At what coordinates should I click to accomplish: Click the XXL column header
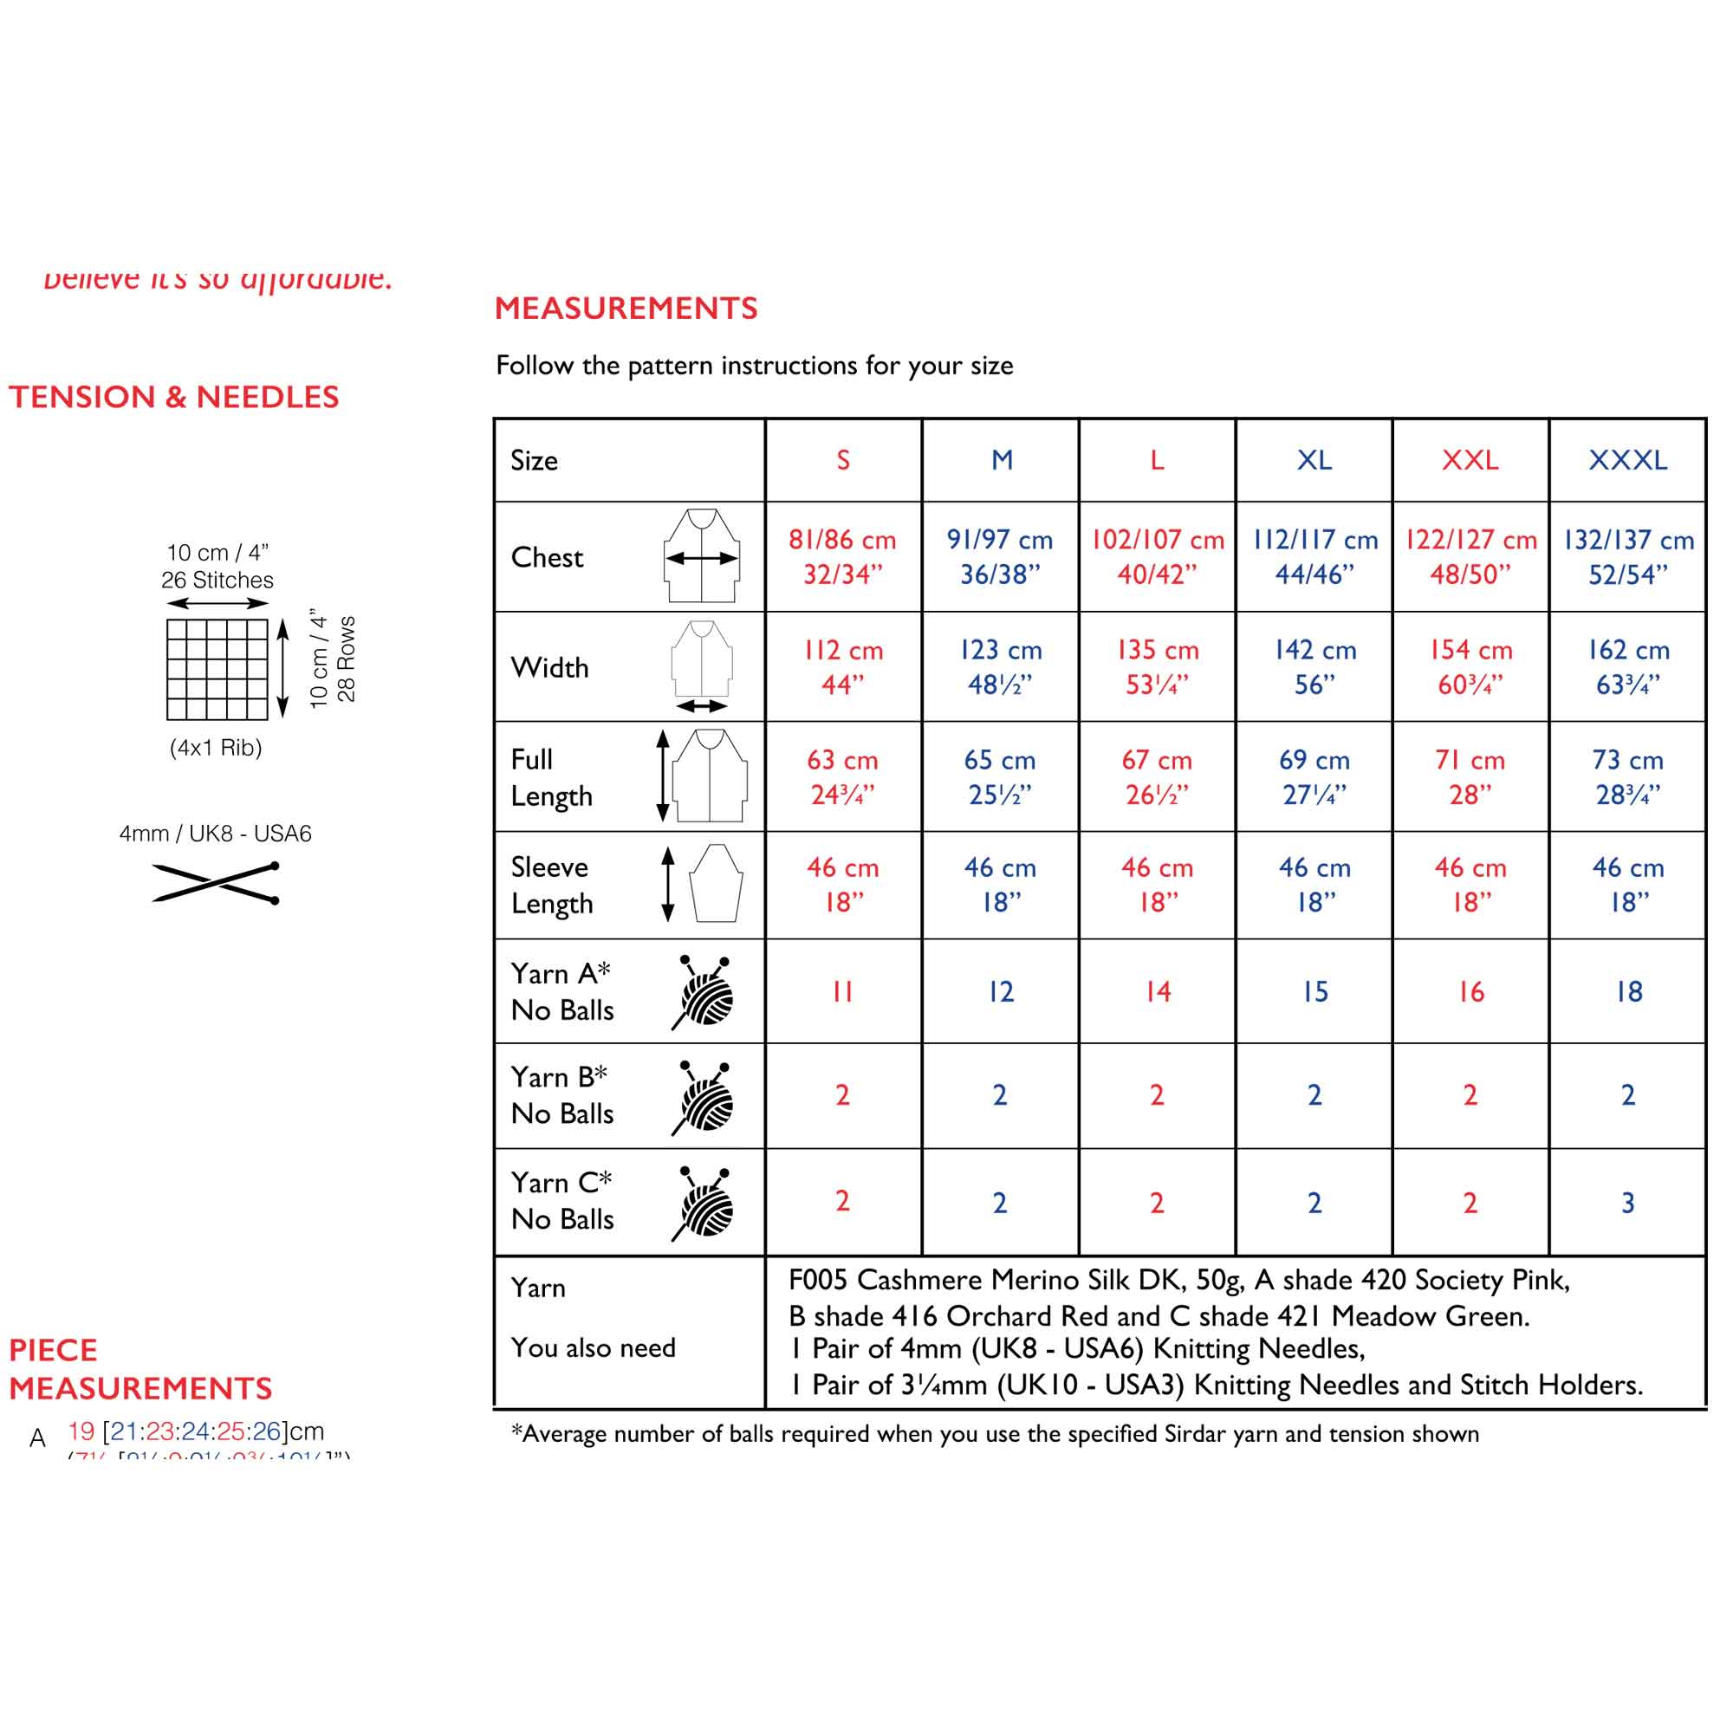(x=1470, y=460)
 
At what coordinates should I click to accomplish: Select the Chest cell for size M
(x=1000, y=556)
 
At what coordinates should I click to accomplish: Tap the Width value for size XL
(x=1315, y=666)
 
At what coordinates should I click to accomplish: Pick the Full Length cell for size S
(x=842, y=776)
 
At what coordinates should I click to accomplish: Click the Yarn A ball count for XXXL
(x=1629, y=991)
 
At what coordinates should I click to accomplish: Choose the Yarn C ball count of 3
(x=1628, y=1202)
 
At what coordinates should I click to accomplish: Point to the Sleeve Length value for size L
(x=1157, y=885)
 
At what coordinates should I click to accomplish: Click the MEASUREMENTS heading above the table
(x=626, y=308)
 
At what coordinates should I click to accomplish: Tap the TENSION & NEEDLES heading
(x=174, y=398)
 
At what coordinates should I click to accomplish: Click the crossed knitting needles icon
(x=216, y=883)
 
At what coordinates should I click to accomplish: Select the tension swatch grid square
(x=217, y=669)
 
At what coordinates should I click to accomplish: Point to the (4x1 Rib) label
(x=215, y=747)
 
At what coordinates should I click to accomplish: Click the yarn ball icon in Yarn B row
(x=704, y=1098)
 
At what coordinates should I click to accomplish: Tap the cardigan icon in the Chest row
(x=702, y=556)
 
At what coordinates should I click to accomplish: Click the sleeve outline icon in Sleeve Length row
(x=716, y=884)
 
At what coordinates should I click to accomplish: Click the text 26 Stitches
(x=217, y=581)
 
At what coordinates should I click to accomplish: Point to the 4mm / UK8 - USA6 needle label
(x=215, y=834)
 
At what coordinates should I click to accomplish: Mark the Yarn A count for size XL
(x=1315, y=991)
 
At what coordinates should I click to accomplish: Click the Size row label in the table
(x=535, y=460)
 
